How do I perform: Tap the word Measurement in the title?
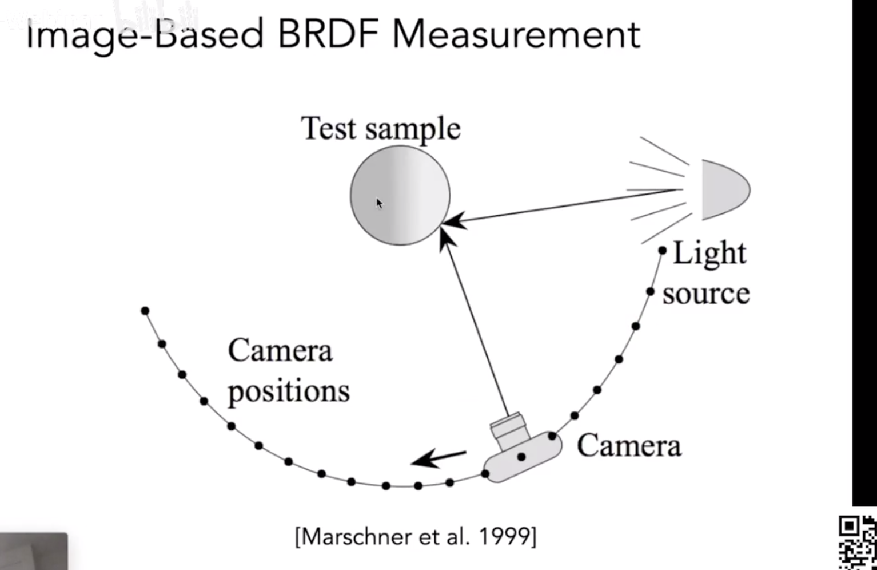[x=516, y=34]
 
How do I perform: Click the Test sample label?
[x=380, y=128]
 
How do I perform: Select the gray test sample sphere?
[x=400, y=195]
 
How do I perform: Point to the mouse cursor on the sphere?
[x=378, y=203]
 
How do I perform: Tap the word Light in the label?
[x=709, y=253]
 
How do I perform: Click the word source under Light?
[x=706, y=294]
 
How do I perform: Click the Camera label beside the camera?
[x=629, y=445]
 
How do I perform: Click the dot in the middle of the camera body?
[x=521, y=457]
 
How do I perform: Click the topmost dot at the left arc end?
[x=145, y=311]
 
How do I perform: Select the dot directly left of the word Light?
[x=662, y=250]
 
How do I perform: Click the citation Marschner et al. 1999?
[x=416, y=537]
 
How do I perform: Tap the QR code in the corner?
[x=857, y=541]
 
